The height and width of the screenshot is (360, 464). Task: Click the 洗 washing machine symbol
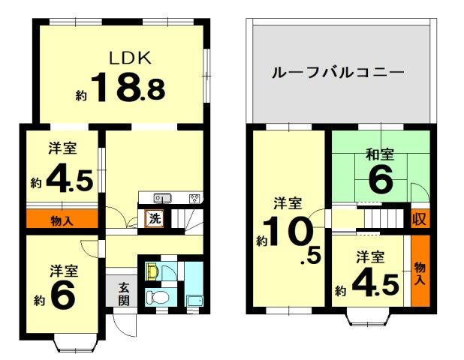(154, 220)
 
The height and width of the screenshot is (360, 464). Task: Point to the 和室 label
(380, 155)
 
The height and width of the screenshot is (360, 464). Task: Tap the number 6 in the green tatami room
(380, 180)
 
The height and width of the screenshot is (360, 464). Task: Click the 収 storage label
(419, 220)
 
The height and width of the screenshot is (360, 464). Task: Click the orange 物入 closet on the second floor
(420, 269)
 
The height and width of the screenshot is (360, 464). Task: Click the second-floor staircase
(383, 219)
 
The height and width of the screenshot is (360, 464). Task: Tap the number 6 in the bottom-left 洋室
(64, 294)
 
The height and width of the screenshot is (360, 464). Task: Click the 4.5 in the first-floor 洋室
(69, 179)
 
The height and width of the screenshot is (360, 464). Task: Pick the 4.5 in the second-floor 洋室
(371, 283)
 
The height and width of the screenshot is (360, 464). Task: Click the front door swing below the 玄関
(122, 323)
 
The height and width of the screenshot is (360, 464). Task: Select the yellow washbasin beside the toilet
(151, 270)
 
